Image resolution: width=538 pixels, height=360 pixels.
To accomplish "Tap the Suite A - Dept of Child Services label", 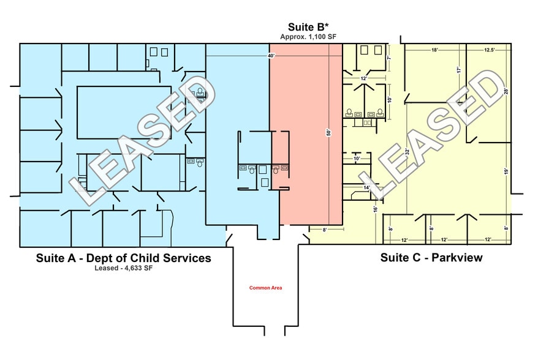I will click(123, 258).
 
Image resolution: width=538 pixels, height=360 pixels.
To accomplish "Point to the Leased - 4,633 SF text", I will click(123, 268).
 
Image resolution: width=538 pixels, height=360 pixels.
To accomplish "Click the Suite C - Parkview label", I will click(431, 258).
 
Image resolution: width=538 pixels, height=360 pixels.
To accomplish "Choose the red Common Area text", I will click(265, 288).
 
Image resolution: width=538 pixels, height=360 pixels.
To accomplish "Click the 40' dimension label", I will click(271, 56).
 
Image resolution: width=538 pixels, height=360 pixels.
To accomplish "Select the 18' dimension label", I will click(434, 50).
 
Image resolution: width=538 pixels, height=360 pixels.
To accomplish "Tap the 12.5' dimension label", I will click(490, 50).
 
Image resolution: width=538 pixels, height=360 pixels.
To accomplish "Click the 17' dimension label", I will click(458, 70).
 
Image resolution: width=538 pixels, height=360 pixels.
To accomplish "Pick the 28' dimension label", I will click(506, 91).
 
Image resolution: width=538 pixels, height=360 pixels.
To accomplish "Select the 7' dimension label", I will click(388, 58).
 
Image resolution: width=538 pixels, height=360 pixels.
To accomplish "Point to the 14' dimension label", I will click(366, 188).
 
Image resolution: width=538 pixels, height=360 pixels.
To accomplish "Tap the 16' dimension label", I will click(375, 208).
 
